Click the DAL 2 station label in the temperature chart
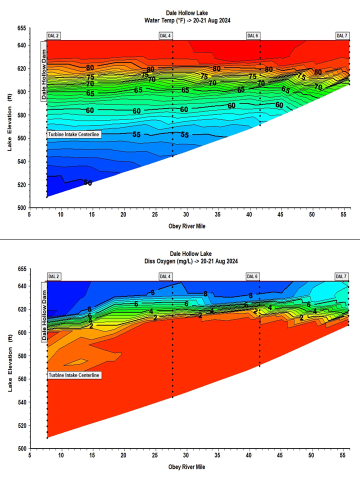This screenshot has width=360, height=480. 53,35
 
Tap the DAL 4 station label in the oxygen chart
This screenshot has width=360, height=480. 165,276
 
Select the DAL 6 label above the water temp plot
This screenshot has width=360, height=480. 253,35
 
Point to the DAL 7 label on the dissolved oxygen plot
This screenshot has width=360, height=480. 341,276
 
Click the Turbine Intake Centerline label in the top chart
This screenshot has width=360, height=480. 74,134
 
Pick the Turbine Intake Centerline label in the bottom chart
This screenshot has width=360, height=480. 74,375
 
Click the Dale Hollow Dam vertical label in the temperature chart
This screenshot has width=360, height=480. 43,71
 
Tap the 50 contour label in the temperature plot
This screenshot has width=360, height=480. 88,183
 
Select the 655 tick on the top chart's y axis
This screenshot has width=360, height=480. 22,29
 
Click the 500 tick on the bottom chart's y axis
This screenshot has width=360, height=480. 22,448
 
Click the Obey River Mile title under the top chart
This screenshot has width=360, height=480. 186,226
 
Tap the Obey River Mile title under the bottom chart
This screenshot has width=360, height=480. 186,467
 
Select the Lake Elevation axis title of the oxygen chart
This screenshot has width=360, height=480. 10,359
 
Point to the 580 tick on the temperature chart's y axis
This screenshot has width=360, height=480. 22,115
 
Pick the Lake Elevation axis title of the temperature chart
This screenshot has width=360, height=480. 10,118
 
